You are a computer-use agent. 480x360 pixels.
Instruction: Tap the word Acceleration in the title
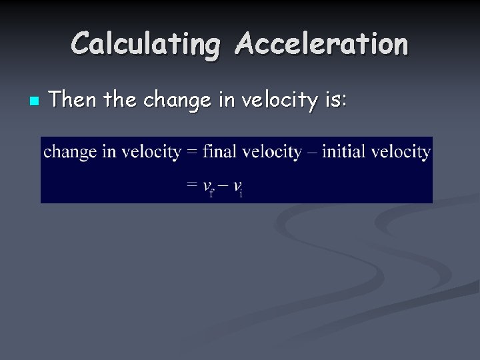321,43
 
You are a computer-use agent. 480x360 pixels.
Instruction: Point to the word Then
72,100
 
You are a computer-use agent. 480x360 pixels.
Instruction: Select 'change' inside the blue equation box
70,152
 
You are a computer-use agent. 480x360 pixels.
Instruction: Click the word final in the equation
219,151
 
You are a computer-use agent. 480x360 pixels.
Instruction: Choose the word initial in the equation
343,151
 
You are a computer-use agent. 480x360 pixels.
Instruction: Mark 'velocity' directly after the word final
270,152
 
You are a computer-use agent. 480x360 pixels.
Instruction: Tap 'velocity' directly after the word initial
401,152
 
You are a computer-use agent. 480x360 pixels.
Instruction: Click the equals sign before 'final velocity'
191,152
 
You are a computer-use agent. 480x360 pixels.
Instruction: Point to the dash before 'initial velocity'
311,153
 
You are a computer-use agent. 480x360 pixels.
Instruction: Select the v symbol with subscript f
209,187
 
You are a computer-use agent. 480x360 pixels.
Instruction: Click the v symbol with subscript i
237,187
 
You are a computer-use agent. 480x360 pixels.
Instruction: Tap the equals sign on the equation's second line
191,186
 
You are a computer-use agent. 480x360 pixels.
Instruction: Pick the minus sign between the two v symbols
223,187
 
